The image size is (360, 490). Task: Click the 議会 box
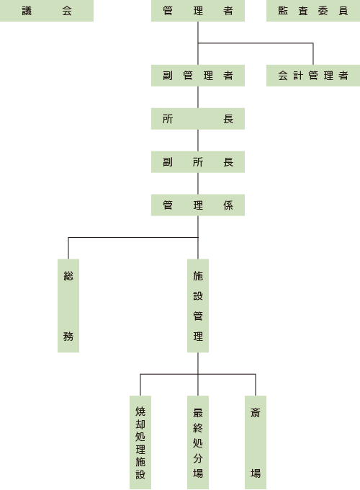pyautogui.click(x=47, y=11)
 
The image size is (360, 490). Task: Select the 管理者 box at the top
pyautogui.click(x=198, y=11)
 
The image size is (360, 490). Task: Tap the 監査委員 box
pyautogui.click(x=313, y=11)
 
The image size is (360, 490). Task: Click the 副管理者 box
pyautogui.click(x=198, y=76)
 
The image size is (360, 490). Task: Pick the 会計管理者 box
pyautogui.click(x=313, y=76)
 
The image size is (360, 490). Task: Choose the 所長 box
pyautogui.click(x=198, y=119)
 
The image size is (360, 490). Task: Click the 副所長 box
pyautogui.click(x=198, y=162)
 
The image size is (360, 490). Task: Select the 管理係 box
pyautogui.click(x=198, y=205)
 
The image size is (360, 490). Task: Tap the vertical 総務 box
pyautogui.click(x=68, y=306)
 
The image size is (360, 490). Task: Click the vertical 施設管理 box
pyautogui.click(x=198, y=306)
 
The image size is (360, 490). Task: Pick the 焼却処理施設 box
pyautogui.click(x=140, y=442)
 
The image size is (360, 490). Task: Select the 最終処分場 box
pyautogui.click(x=198, y=442)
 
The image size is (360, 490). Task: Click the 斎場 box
pyautogui.click(x=256, y=442)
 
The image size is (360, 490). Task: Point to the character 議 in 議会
pyautogui.click(x=27, y=11)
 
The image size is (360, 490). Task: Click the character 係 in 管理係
pyautogui.click(x=228, y=205)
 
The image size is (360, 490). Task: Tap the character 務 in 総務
pyautogui.click(x=68, y=337)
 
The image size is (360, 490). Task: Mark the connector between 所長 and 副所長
pyautogui.click(x=198, y=141)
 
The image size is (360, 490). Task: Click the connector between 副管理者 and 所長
pyautogui.click(x=198, y=97)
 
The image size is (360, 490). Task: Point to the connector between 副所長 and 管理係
pyautogui.click(x=198, y=184)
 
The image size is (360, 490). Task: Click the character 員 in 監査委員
pyautogui.click(x=343, y=11)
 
